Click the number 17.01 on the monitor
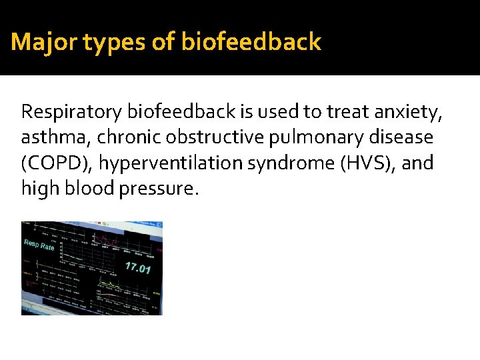point(137,268)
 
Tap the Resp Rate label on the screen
point(39,244)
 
